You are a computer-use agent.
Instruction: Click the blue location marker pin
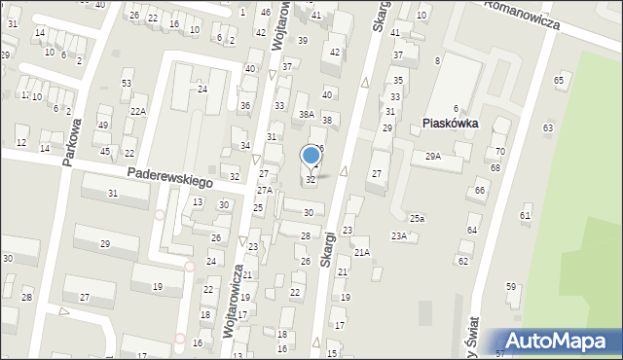click(x=311, y=156)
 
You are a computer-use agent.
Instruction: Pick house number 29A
click(x=432, y=156)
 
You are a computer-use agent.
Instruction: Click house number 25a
click(x=417, y=218)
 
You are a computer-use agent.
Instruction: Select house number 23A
click(x=399, y=236)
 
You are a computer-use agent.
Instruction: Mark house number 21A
click(x=361, y=252)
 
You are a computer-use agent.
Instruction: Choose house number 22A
click(x=138, y=112)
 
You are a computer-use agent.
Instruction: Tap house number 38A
click(x=306, y=115)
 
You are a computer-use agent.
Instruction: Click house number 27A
click(x=264, y=190)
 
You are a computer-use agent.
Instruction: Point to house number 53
click(x=127, y=84)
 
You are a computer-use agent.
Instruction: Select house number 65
click(x=559, y=80)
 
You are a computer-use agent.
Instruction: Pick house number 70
click(x=499, y=152)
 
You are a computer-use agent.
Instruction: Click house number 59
click(x=510, y=286)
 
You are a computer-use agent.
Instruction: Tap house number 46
click(x=266, y=12)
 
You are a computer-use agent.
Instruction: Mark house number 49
click(x=103, y=126)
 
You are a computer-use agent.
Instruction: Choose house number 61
click(x=525, y=215)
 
